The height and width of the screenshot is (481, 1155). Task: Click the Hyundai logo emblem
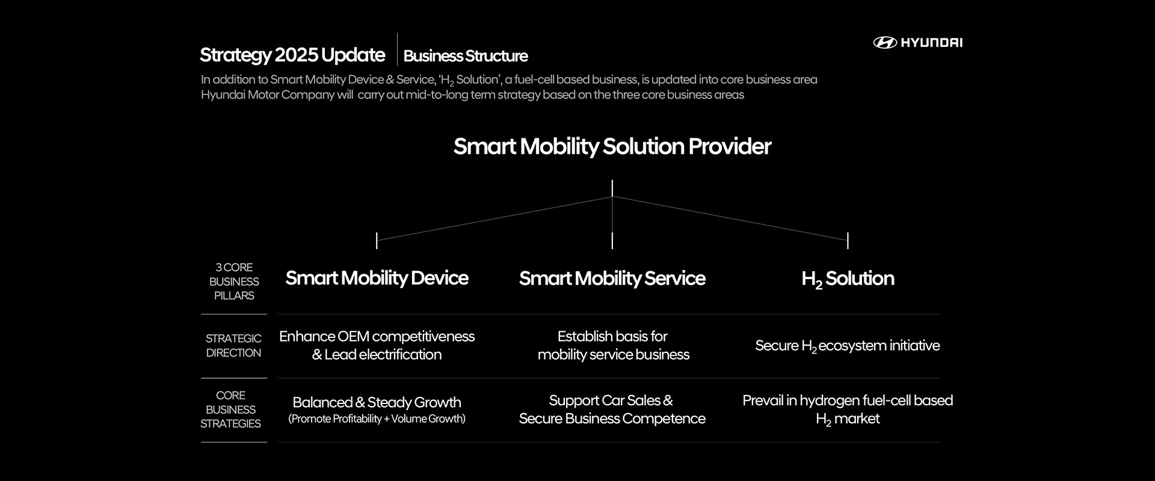(x=885, y=42)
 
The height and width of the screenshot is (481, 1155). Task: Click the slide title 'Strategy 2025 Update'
(x=292, y=55)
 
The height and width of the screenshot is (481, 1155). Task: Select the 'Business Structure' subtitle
(x=466, y=56)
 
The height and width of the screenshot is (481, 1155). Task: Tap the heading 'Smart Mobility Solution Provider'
(x=612, y=146)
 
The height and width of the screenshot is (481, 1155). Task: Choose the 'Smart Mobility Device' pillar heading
(x=377, y=278)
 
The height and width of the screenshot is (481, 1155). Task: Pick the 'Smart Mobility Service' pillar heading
(x=612, y=278)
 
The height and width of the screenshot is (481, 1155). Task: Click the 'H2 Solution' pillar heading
(x=848, y=278)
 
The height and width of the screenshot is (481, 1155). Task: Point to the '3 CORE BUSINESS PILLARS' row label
(x=234, y=281)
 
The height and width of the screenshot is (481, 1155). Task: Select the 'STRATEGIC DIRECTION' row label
(x=233, y=346)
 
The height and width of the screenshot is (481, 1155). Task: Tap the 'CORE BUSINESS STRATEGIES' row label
(x=231, y=409)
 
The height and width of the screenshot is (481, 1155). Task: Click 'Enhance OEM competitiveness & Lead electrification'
(x=377, y=345)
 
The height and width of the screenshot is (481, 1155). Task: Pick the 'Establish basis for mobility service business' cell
(x=613, y=345)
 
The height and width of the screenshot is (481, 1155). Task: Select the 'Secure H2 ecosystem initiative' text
(x=847, y=346)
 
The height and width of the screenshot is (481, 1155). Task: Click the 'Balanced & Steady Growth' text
(x=377, y=402)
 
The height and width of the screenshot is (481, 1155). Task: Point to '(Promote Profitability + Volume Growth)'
(x=377, y=418)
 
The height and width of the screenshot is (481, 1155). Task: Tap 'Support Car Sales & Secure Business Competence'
(x=612, y=409)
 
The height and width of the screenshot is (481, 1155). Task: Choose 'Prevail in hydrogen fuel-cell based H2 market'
(x=848, y=409)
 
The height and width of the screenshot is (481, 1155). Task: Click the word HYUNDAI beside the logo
(x=931, y=42)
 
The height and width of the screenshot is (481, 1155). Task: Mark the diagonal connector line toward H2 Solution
(x=730, y=218)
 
